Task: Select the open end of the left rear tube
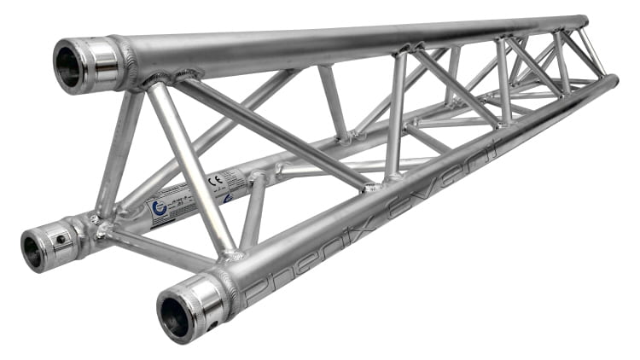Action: point(34,249)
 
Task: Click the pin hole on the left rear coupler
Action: point(60,242)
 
